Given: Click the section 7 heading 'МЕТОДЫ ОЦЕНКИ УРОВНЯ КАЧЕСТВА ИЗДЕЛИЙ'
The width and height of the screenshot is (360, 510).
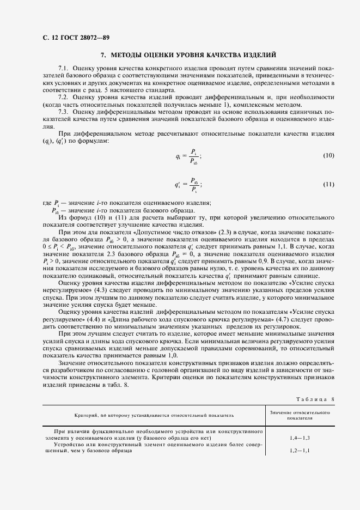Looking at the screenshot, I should pos(188,55).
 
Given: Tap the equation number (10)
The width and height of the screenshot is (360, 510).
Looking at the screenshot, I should pos(328,156).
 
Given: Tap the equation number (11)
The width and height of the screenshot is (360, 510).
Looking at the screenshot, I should pos(328,184).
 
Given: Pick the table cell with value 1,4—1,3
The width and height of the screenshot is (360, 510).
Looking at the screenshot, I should pos(301,438).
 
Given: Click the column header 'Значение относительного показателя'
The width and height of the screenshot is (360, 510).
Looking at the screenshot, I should pos(300,416).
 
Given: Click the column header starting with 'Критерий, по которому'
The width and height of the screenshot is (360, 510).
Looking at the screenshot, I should pos(154,415).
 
